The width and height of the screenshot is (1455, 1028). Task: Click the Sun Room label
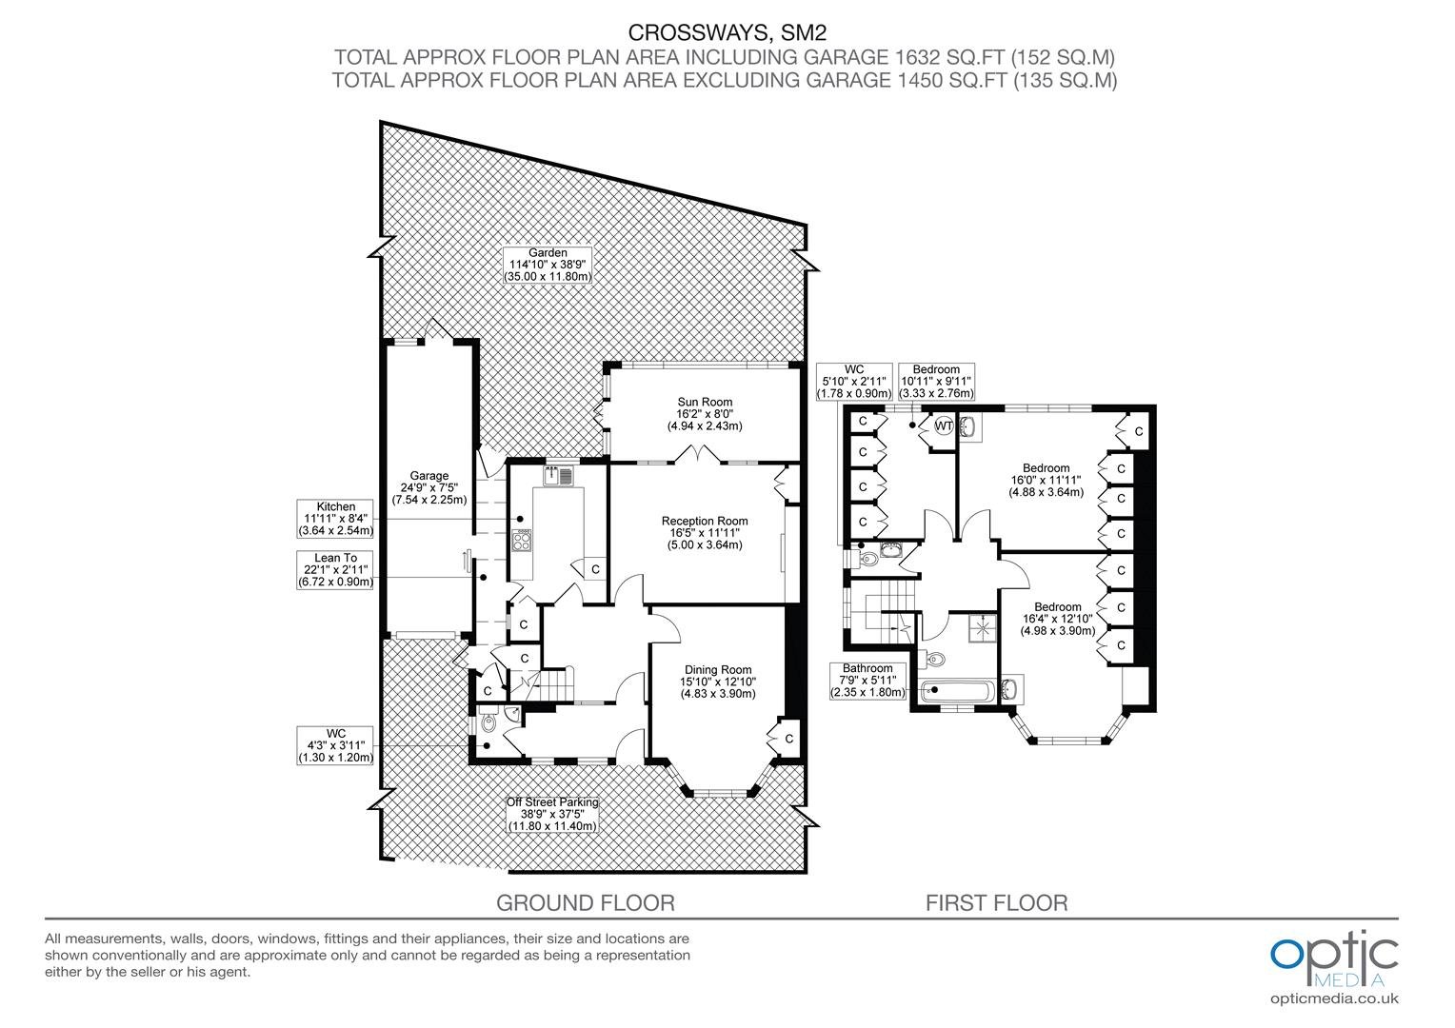(705, 414)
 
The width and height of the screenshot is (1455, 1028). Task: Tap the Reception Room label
(705, 532)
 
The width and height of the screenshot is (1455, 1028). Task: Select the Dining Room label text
(718, 682)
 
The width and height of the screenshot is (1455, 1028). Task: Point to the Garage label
(429, 487)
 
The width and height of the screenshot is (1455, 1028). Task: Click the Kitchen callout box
(335, 518)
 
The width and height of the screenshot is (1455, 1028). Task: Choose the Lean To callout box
(335, 569)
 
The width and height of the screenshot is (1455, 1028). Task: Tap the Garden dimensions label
(548, 265)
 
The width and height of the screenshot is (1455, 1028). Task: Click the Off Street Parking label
(552, 815)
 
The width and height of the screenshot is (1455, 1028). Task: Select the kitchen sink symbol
(559, 476)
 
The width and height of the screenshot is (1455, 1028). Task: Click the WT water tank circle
(943, 426)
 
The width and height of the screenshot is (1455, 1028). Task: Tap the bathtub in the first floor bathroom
(956, 691)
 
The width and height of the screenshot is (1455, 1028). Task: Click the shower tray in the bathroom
(982, 627)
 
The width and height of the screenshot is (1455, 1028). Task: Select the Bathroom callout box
(867, 681)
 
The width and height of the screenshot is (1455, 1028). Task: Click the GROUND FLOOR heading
(586, 902)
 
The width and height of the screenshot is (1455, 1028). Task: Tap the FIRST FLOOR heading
(996, 902)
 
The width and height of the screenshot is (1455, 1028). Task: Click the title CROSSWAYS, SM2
(727, 31)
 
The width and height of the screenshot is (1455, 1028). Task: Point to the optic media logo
(1334, 959)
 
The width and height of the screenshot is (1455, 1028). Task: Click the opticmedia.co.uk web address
(1334, 998)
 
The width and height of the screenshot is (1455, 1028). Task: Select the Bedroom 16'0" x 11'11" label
(1046, 480)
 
